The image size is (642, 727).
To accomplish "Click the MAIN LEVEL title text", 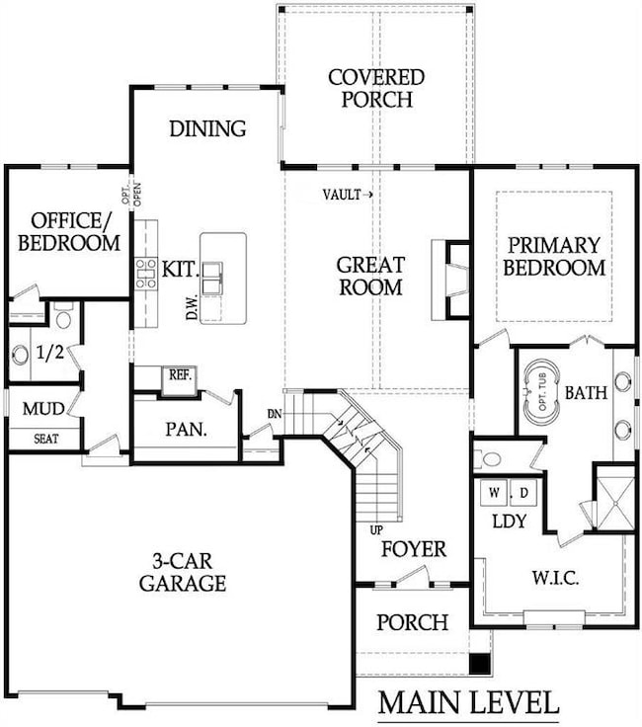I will tap(468, 703).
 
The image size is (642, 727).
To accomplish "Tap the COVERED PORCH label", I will tap(376, 88).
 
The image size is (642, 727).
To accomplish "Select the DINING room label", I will tap(207, 128).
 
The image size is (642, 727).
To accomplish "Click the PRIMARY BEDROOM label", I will tap(553, 256).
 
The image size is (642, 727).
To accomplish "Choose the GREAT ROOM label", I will tap(370, 276).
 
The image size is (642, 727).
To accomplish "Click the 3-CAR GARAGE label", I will tap(182, 571).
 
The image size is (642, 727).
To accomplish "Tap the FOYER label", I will tap(414, 548).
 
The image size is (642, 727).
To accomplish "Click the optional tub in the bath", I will tap(542, 393).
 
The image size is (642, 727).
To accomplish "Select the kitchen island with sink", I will tap(223, 278).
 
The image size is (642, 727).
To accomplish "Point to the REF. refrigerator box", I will tap(179, 377).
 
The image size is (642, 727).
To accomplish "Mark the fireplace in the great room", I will tap(452, 280).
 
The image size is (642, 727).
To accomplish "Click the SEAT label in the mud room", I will tap(45, 439).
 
